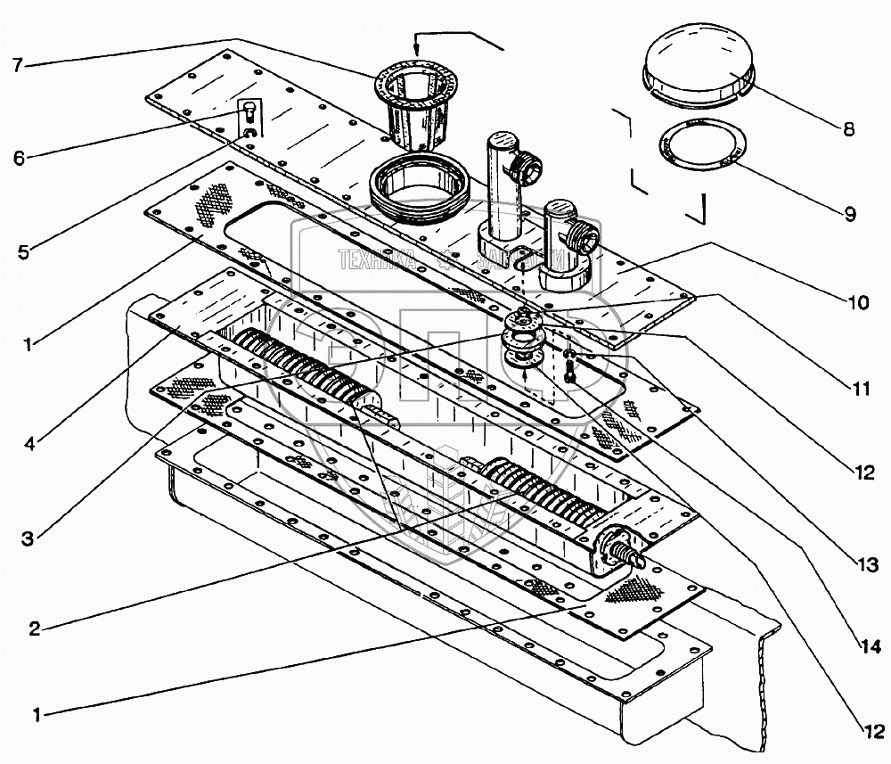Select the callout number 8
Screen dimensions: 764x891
[847, 128]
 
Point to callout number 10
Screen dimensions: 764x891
[857, 301]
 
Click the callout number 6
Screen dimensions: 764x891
[19, 157]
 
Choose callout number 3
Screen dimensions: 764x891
[28, 539]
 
